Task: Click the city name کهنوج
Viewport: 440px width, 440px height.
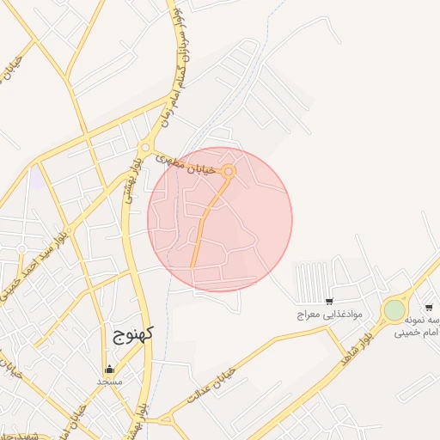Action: pyautogui.click(x=131, y=335)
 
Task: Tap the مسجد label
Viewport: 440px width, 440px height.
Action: pyautogui.click(x=110, y=381)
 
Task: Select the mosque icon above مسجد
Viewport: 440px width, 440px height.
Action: pyautogui.click(x=108, y=370)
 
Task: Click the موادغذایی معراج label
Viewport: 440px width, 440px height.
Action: pyautogui.click(x=330, y=315)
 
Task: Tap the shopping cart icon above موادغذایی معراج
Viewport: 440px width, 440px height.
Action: pyautogui.click(x=329, y=302)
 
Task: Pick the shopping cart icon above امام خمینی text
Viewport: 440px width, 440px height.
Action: pyautogui.click(x=428, y=307)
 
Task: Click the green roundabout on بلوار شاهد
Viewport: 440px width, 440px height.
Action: pyautogui.click(x=394, y=309)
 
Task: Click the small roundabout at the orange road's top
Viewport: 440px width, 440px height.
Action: pyautogui.click(x=229, y=172)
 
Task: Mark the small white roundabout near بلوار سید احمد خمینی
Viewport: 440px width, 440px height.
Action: pyautogui.click(x=21, y=249)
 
